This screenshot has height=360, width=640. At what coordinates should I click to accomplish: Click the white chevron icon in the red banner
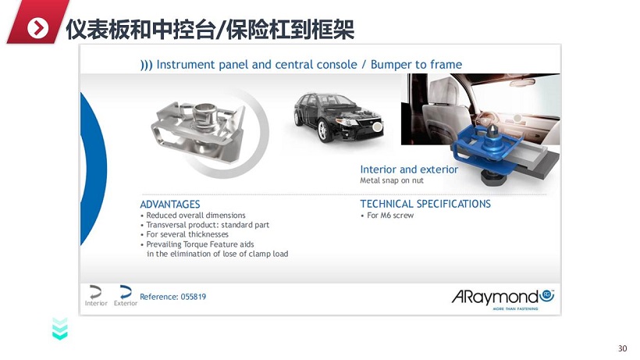click(x=38, y=28)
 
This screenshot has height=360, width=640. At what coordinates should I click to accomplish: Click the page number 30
click(x=622, y=348)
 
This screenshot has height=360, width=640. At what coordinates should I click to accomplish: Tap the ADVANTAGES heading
click(x=170, y=204)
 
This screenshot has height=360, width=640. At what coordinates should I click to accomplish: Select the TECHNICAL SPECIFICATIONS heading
click(x=425, y=204)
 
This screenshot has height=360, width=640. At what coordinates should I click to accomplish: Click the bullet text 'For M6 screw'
click(x=390, y=215)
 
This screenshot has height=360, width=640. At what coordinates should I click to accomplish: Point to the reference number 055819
click(x=193, y=297)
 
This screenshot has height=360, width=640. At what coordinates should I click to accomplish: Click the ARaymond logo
click(x=503, y=298)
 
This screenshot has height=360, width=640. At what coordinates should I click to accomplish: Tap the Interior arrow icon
click(x=95, y=292)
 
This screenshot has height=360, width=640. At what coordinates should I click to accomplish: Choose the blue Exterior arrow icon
click(x=126, y=292)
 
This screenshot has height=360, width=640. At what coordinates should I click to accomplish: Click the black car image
click(x=339, y=116)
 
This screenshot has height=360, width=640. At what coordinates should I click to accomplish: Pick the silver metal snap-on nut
click(x=198, y=130)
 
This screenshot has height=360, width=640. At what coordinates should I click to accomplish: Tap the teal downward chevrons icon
click(x=60, y=329)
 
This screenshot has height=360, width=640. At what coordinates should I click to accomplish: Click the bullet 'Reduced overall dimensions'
click(x=196, y=215)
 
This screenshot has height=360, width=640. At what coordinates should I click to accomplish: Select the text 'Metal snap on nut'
click(x=392, y=180)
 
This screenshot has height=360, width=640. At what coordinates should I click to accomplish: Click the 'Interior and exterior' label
click(x=409, y=169)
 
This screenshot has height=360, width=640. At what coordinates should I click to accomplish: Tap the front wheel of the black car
click(x=323, y=130)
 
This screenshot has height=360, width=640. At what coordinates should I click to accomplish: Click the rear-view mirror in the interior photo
click(x=522, y=82)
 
